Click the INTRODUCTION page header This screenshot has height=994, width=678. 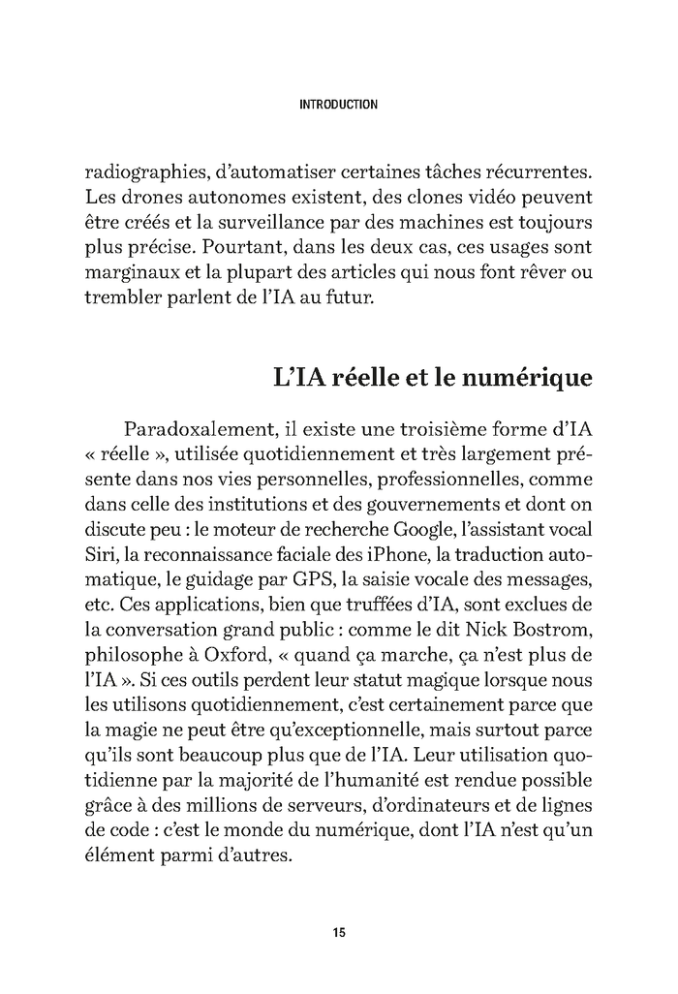[338, 104]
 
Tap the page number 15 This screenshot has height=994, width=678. [338, 933]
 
